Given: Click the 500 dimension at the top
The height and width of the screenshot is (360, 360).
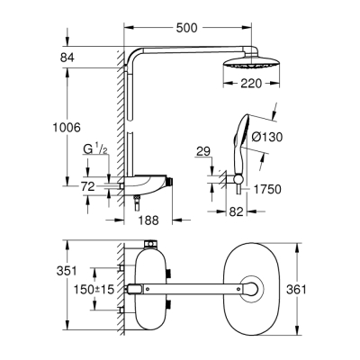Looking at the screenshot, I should coord(186,28).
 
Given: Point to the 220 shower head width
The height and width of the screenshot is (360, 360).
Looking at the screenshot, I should coord(237,90).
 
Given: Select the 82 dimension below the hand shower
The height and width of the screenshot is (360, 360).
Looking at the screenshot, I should coord(236,210).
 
